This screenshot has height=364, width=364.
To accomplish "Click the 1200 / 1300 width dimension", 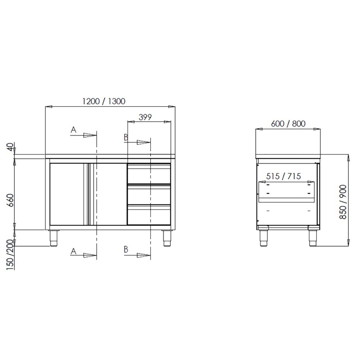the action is (104, 101).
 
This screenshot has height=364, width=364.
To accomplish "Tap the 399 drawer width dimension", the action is (145, 117).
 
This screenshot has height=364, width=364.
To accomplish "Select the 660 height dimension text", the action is (11, 200).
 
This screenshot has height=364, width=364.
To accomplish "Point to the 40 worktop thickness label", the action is (10, 147).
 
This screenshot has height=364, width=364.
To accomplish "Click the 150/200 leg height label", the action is (10, 254).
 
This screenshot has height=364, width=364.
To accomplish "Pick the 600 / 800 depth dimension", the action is (288, 124).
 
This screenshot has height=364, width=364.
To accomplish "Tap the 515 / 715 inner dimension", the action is (283, 176).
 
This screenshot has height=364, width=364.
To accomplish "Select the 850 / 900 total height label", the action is (343, 202).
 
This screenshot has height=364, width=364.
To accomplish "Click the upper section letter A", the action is (73, 130).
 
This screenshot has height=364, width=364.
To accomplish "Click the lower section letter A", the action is (73, 251).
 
